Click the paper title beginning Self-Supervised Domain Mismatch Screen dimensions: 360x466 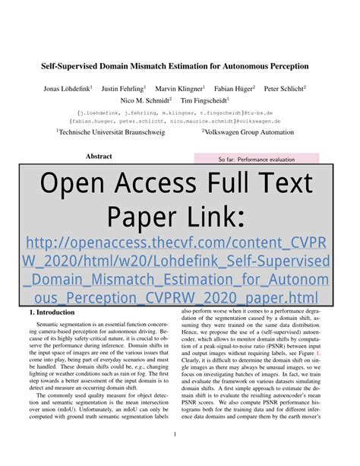(x=180, y=67)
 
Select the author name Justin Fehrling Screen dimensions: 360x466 (x=124, y=88)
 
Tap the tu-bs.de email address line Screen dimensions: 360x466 (x=180, y=110)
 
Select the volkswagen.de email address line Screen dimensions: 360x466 (x=180, y=119)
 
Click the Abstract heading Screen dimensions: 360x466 (x=99, y=156)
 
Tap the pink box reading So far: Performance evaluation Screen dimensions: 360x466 (x=256, y=160)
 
